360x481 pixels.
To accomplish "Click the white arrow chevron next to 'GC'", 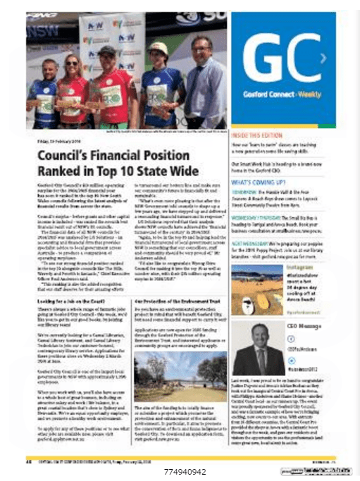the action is [323, 58].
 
